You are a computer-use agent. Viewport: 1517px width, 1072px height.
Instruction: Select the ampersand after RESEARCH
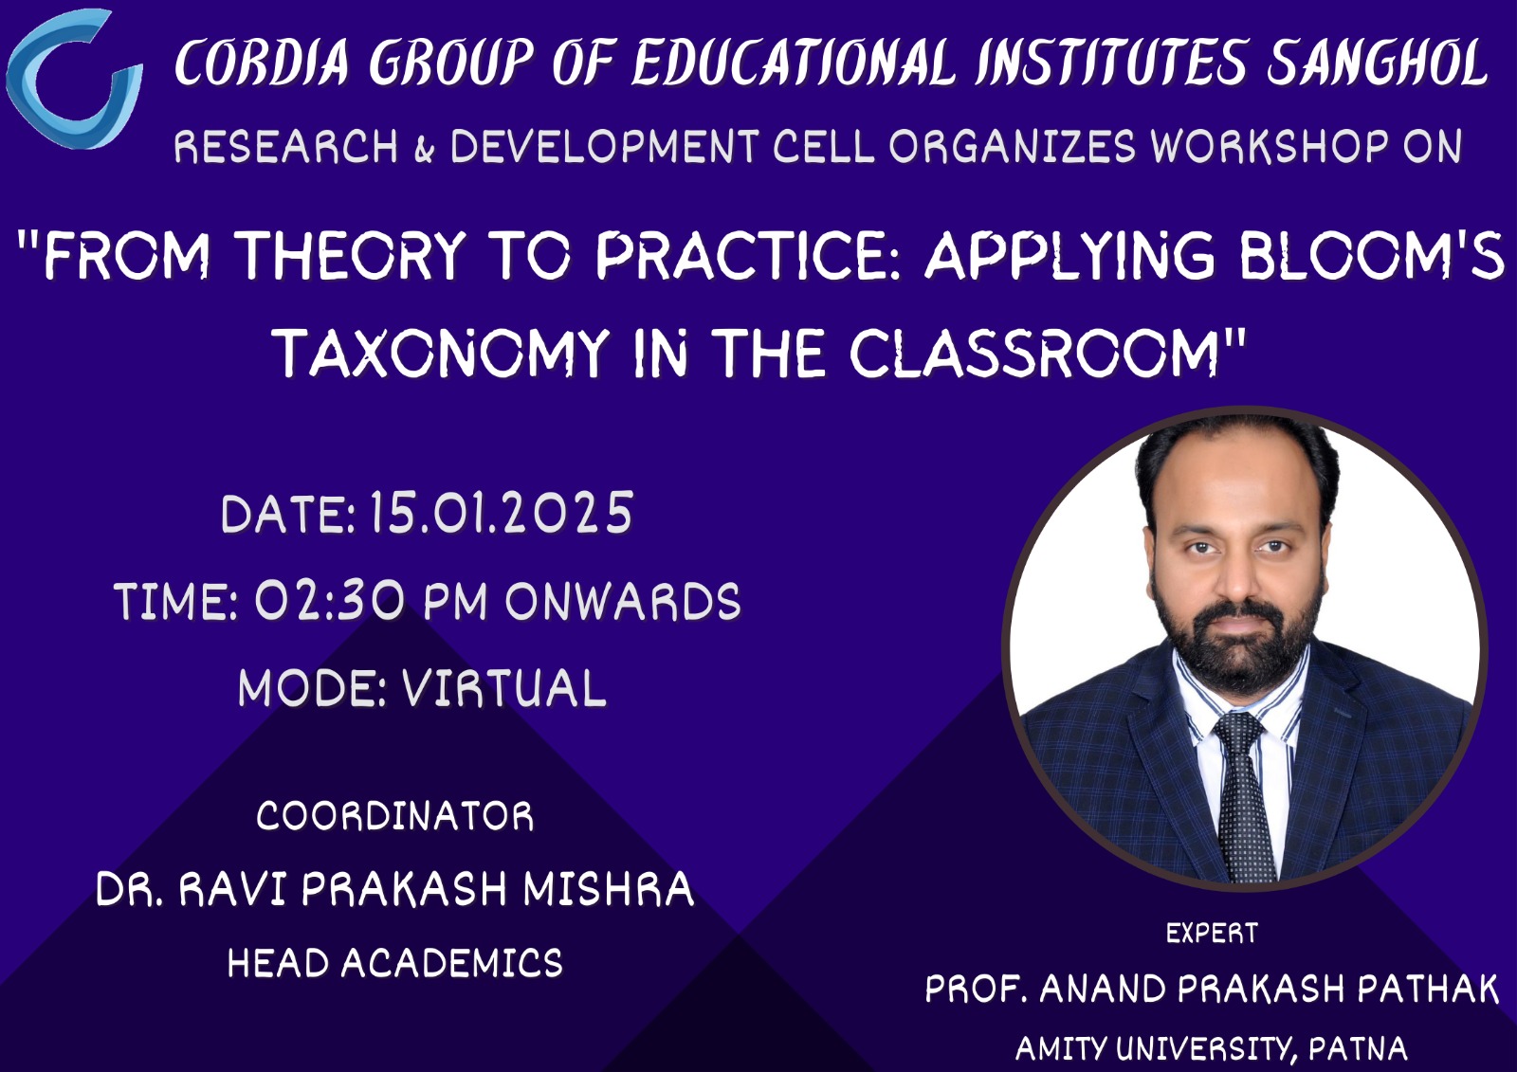click(x=424, y=149)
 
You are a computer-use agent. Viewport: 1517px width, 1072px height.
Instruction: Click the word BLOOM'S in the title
click(x=1371, y=255)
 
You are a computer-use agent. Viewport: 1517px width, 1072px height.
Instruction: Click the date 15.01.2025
click(x=502, y=513)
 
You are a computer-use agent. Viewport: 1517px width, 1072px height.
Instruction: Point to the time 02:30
click(x=330, y=600)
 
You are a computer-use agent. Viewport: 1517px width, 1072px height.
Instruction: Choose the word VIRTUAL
click(x=504, y=688)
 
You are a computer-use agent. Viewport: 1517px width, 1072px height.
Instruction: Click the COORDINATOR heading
click(x=394, y=816)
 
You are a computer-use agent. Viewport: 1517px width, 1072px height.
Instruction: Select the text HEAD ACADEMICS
click(x=394, y=962)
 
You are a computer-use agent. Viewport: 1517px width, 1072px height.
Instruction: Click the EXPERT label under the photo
click(x=1212, y=934)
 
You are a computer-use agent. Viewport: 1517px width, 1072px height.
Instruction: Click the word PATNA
click(x=1358, y=1049)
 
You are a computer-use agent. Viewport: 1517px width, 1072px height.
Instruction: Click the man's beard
click(x=1238, y=637)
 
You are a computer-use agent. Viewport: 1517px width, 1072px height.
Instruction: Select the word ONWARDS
click(x=623, y=600)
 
